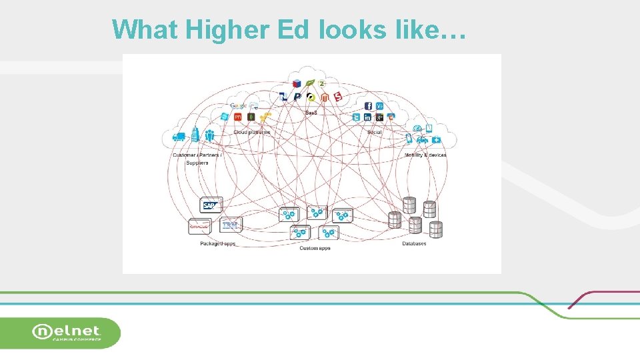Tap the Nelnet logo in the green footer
[67, 332]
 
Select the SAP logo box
[210, 205]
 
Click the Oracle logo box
[199, 226]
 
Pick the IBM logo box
[230, 225]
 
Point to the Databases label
[414, 244]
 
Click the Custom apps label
[315, 249]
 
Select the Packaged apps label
[218, 244]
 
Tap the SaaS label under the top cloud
[311, 113]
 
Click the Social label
[374, 132]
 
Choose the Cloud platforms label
[252, 132]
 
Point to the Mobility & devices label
[425, 155]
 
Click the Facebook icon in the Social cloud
[368, 106]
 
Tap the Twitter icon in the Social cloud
[357, 117]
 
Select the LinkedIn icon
[368, 117]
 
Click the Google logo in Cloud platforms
[238, 105]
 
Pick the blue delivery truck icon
[179, 137]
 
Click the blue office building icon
[195, 135]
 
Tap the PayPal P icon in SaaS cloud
[297, 97]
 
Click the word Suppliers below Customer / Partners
[197, 163]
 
